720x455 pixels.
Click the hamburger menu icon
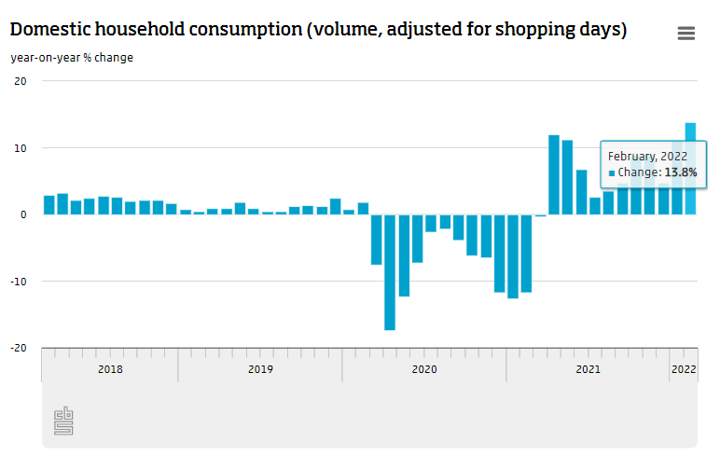tap(686, 34)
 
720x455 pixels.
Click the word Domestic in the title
tap(47, 30)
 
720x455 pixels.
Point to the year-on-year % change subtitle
tap(72, 58)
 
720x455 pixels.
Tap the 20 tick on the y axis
tap(21, 81)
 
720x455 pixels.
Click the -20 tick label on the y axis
tap(19, 348)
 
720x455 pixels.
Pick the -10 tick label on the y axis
tap(19, 282)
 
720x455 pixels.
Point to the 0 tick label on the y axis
tap(23, 214)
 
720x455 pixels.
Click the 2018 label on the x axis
tap(110, 370)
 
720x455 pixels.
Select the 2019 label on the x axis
tap(260, 370)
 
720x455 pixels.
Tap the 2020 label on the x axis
tap(423, 370)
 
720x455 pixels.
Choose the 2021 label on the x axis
tap(588, 370)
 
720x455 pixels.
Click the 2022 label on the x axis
tap(684, 370)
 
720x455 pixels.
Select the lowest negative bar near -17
tap(390, 272)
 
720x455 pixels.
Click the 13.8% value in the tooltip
tap(681, 172)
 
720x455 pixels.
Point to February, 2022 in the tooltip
tap(647, 156)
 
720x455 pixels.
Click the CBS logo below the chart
tap(63, 421)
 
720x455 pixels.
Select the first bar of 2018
tap(48, 205)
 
